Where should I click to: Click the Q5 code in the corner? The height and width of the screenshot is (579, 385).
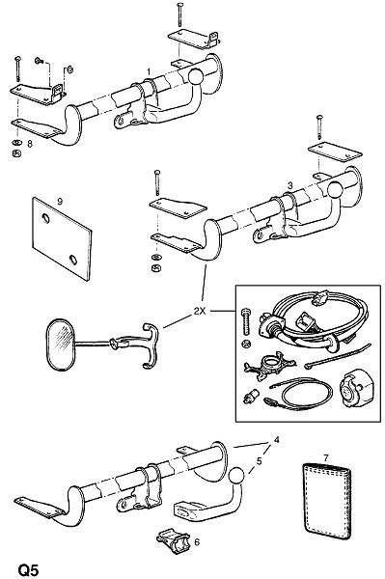click(28, 569)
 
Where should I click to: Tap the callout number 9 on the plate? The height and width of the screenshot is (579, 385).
click(60, 202)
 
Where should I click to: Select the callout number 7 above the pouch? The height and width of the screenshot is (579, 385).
click(325, 457)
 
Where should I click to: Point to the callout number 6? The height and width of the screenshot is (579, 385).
click(197, 542)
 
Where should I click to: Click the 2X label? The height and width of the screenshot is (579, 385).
click(200, 312)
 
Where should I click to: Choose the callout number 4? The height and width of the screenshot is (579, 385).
click(277, 440)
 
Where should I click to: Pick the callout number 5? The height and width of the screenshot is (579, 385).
click(260, 461)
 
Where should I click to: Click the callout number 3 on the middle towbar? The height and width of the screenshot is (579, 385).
click(289, 185)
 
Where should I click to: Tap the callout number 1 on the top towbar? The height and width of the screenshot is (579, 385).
click(149, 71)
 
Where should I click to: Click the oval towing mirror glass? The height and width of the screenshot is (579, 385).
click(60, 345)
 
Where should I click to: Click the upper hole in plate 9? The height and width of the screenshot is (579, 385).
click(45, 218)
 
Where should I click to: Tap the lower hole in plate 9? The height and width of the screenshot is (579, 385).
click(73, 260)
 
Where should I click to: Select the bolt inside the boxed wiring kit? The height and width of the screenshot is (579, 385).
click(246, 322)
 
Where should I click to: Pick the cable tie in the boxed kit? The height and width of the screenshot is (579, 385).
click(338, 356)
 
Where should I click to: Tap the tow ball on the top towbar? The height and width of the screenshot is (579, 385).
click(196, 76)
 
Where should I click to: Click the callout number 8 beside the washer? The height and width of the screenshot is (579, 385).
click(30, 144)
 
